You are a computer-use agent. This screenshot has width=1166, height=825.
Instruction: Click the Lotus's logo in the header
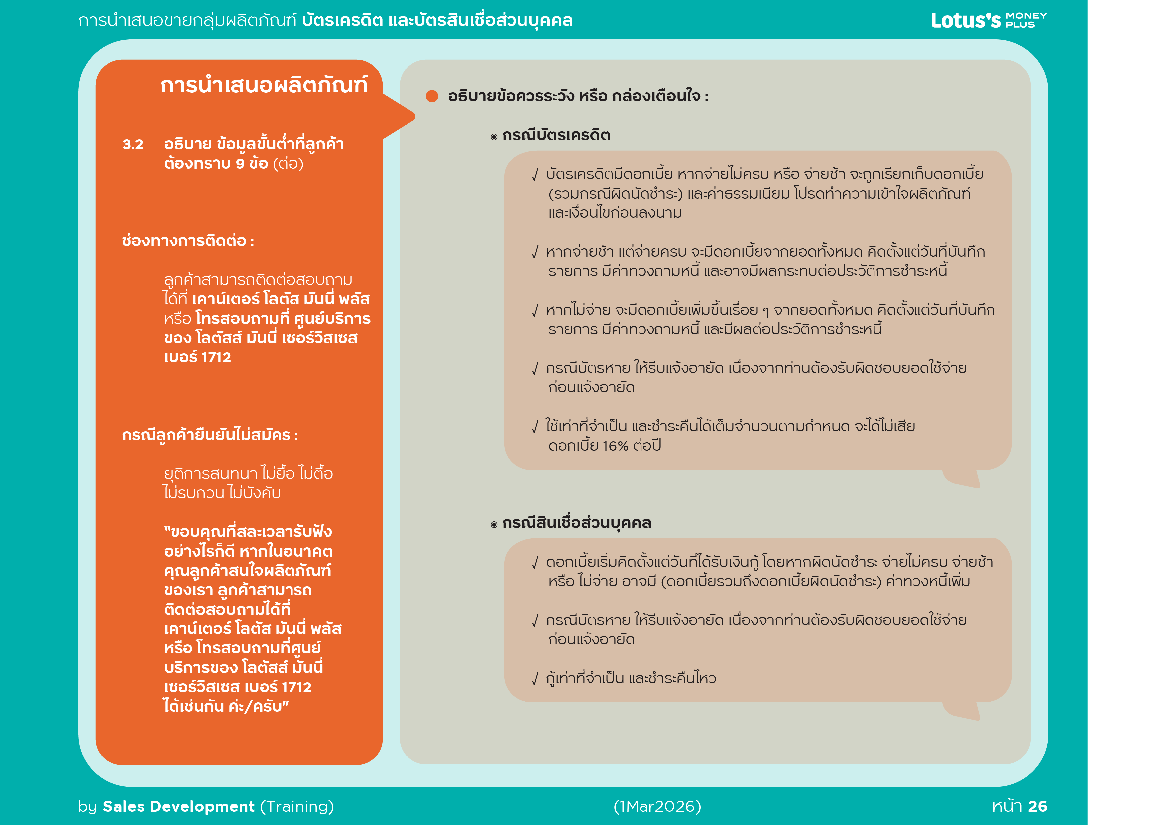tap(965, 20)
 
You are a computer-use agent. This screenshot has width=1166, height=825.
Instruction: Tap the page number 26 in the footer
tap(1037, 806)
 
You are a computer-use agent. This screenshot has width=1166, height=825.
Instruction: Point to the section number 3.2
tap(133, 145)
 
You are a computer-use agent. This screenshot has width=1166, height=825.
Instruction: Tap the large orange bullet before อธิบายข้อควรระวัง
tap(432, 96)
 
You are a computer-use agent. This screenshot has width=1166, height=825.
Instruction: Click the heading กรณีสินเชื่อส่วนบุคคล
tap(576, 523)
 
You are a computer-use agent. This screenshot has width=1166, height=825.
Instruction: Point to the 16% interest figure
tap(616, 446)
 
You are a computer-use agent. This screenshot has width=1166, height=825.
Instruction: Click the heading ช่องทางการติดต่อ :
tap(188, 241)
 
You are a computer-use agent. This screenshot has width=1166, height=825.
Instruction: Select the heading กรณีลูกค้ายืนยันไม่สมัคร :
tap(210, 435)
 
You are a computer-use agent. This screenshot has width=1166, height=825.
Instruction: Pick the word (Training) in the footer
tap(297, 806)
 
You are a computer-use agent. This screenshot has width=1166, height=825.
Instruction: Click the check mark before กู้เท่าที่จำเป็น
tap(535, 679)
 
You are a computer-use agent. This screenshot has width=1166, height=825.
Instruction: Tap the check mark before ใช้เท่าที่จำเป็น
tap(535, 427)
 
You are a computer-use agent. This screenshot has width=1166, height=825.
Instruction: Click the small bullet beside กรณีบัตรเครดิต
tap(494, 137)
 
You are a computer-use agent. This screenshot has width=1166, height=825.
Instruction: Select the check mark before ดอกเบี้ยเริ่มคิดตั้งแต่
tap(535, 562)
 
